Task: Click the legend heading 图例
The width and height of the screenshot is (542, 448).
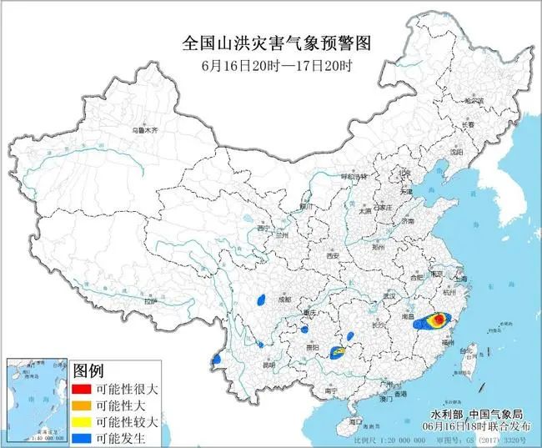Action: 88,370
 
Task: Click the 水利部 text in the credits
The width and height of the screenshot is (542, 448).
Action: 446,413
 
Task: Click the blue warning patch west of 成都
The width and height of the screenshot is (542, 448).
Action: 261,298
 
